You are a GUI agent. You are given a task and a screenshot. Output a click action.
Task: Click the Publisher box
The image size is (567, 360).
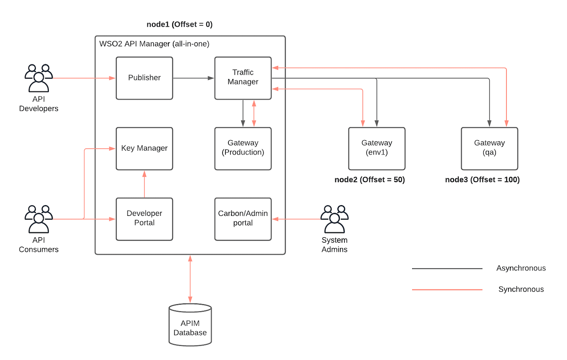coord(144,78)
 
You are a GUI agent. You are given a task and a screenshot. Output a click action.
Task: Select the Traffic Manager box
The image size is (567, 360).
coord(243,78)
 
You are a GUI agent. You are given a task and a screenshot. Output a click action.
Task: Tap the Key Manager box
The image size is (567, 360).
coord(144,148)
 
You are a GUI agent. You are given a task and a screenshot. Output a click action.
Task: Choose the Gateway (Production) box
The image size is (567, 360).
coord(243,148)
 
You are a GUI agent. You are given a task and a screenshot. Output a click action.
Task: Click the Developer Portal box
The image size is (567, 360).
coord(144,219)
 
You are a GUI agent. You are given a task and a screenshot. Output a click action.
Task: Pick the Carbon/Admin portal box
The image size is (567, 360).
coord(243,219)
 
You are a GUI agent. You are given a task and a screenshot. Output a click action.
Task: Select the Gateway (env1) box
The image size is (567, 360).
coord(377,148)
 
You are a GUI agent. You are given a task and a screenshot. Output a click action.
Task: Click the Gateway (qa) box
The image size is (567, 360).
coord(489,148)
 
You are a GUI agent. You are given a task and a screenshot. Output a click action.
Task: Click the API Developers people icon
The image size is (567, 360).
coord(38,78)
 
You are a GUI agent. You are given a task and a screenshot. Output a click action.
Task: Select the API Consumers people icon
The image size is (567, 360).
coord(38,219)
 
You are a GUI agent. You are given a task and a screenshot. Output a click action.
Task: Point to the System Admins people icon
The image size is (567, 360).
coord(334,219)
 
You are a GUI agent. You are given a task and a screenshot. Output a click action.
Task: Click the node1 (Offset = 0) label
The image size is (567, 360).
coord(180,25)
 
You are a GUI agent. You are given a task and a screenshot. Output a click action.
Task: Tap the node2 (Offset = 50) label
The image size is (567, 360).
coord(370,180)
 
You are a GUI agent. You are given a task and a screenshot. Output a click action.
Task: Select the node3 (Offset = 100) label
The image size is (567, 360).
coord(482,180)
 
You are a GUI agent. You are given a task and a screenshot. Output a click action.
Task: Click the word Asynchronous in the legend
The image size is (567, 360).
coord(521,268)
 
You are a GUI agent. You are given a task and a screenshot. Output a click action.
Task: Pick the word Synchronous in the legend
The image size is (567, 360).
coord(521,289)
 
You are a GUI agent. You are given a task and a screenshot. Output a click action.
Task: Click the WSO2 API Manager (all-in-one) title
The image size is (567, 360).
coord(154,43)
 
